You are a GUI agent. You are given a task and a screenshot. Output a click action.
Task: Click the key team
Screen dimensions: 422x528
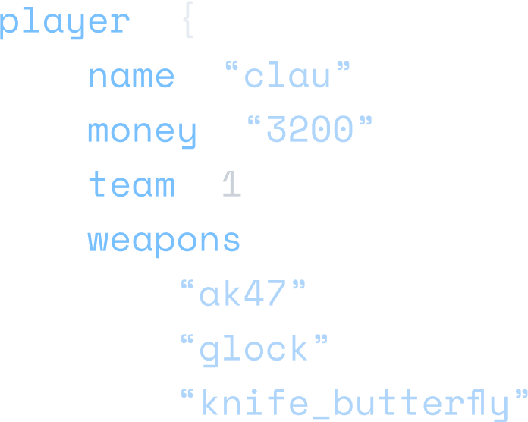(131, 184)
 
